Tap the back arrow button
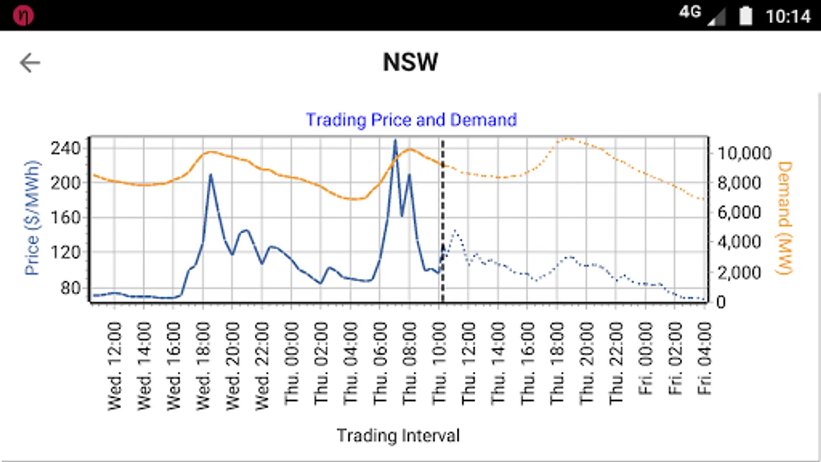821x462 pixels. point(30,63)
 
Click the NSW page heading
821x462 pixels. point(411,63)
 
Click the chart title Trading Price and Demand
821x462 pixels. point(411,120)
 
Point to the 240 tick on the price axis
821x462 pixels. point(66,148)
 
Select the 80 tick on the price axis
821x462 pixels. point(71,287)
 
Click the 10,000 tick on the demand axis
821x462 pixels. point(744,153)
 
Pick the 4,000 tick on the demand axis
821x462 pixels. point(739,242)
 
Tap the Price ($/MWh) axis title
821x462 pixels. point(32,218)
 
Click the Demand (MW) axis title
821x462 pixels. point(785,218)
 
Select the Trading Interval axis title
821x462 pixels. point(398,435)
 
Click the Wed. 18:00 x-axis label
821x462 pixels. point(203,366)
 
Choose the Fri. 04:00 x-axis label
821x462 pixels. point(705,358)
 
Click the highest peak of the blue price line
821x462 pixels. point(395,140)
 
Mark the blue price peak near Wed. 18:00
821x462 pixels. point(210,175)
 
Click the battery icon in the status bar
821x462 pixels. point(746,16)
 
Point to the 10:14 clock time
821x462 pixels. point(788,16)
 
